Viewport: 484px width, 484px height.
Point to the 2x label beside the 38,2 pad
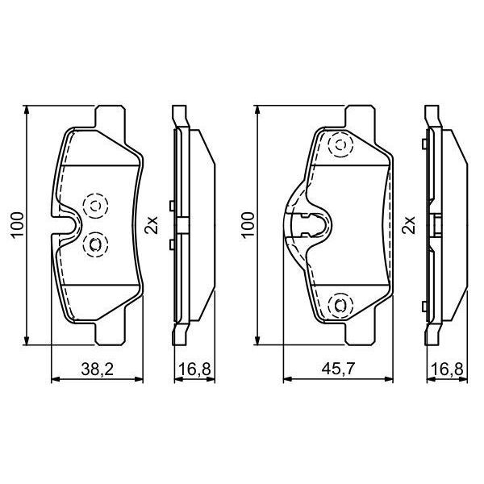pyautogui.click(x=151, y=225)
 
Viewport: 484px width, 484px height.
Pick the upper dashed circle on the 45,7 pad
pyautogui.click(x=340, y=146)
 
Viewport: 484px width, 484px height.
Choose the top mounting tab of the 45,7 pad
pyautogui.click(x=340, y=116)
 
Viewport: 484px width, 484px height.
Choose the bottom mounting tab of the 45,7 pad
pyautogui.click(x=340, y=332)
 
